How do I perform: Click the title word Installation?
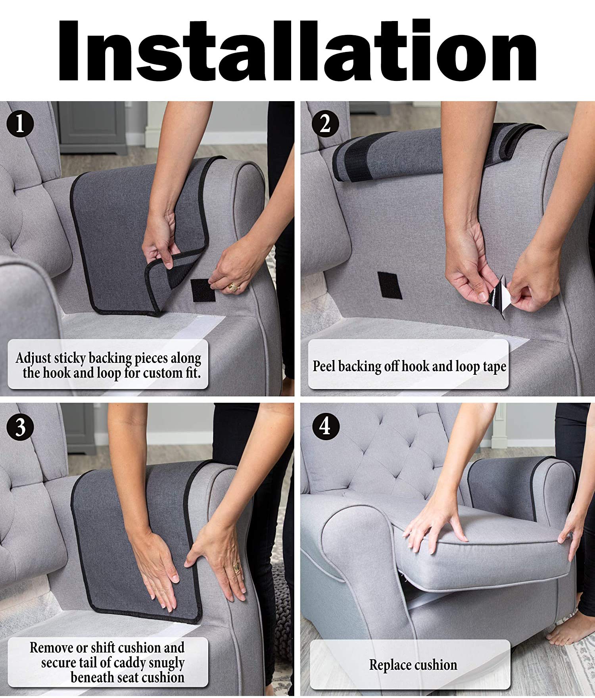[x=297, y=50]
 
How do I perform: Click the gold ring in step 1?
[x=233, y=287]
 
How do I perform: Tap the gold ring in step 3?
[x=237, y=568]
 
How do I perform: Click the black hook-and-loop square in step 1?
[x=203, y=290]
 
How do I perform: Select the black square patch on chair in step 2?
[x=390, y=286]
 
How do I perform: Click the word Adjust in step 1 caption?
[x=33, y=359]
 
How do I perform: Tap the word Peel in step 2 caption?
[x=324, y=366]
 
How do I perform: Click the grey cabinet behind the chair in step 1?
[x=93, y=127]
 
